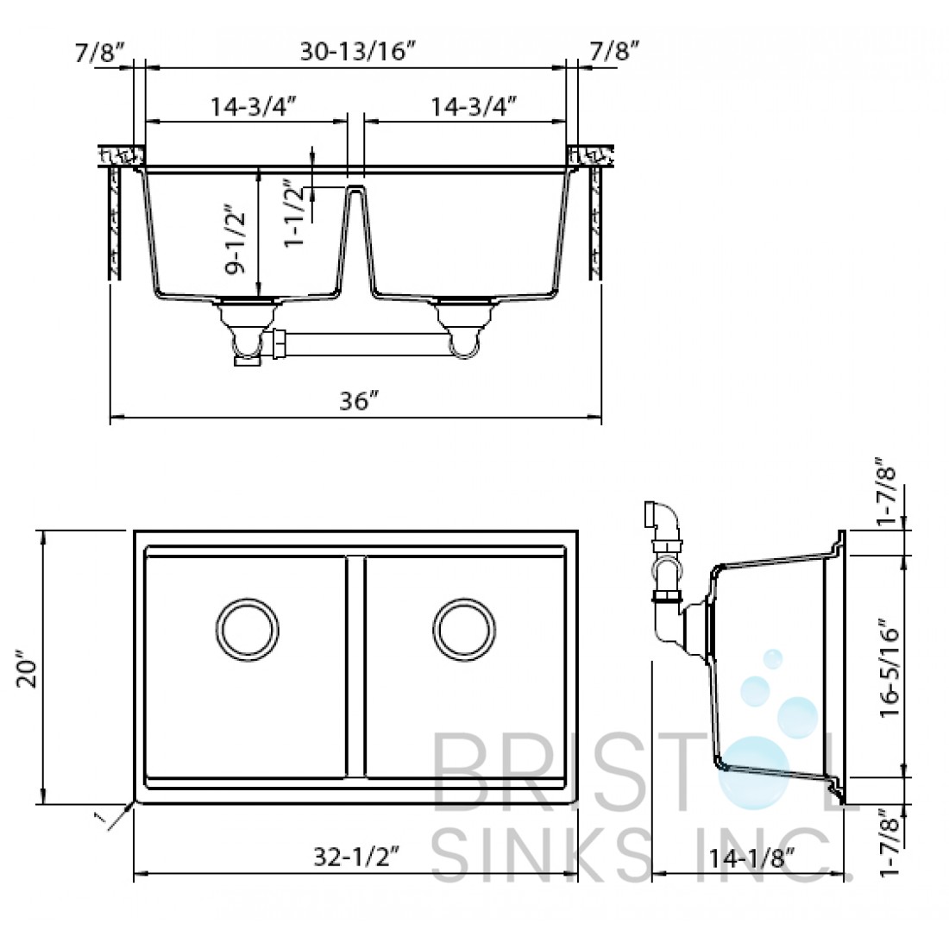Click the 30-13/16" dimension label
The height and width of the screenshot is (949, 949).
click(x=358, y=52)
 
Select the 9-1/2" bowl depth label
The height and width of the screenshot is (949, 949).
click(x=235, y=240)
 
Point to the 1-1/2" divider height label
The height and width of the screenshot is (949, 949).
click(x=295, y=213)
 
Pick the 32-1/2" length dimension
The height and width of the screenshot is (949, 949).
click(x=357, y=857)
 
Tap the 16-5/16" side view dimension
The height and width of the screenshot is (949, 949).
click(x=889, y=667)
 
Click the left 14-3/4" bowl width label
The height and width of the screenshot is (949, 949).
click(x=254, y=106)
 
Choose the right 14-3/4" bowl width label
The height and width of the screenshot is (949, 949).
click(x=474, y=106)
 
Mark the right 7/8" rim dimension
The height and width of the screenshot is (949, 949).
click(x=614, y=52)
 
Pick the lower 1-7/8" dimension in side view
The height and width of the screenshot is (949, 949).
click(x=889, y=842)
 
